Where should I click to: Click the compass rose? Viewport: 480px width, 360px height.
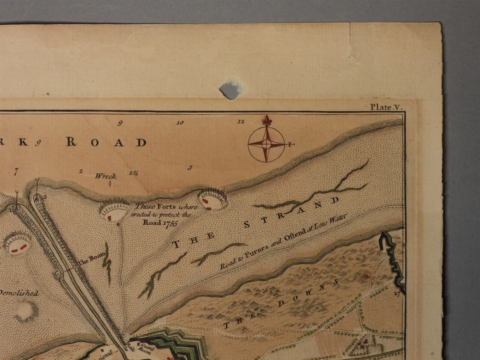click(266, 144)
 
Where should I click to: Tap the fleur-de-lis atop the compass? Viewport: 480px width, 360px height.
click(266, 121)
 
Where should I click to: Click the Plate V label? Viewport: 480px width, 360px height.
click(386, 106)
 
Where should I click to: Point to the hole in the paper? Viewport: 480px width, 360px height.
click(229, 89)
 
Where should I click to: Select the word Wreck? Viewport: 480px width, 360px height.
click(105, 176)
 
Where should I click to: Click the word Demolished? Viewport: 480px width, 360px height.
click(19, 293)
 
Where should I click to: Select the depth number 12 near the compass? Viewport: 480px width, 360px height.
click(241, 121)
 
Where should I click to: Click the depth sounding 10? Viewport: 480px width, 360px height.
click(180, 122)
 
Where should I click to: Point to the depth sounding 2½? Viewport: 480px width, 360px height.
click(133, 173)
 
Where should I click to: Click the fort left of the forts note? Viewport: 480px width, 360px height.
click(114, 211)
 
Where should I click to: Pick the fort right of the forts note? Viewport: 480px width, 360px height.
click(212, 199)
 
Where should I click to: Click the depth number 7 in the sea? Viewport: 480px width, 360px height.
click(16, 171)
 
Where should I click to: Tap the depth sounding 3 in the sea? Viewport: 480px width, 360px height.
click(189, 167)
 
